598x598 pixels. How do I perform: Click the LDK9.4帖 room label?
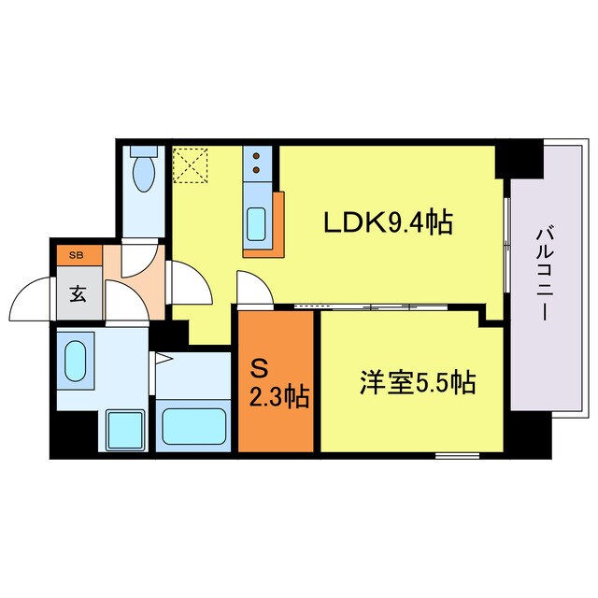[x=388, y=223]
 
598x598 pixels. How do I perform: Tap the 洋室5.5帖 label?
[x=418, y=382]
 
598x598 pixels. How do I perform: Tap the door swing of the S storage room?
[x=253, y=289]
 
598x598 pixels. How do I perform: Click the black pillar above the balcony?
[x=520, y=158]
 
